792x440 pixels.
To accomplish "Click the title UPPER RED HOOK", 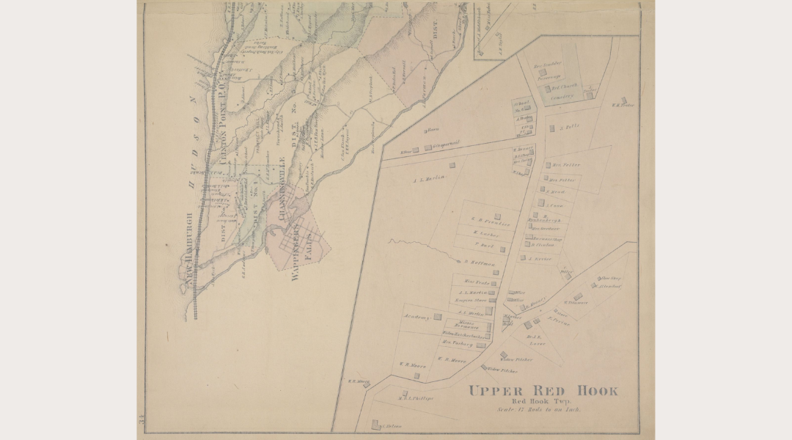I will pos(543,391).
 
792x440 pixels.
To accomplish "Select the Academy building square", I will pos(437,317).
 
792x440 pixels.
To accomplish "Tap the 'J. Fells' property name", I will pos(569,127).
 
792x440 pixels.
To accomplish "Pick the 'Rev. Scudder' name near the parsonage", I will pos(547,64).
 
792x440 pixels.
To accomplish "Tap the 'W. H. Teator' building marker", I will pos(623,100).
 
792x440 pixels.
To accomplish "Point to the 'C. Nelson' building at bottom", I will pos(375,423).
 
